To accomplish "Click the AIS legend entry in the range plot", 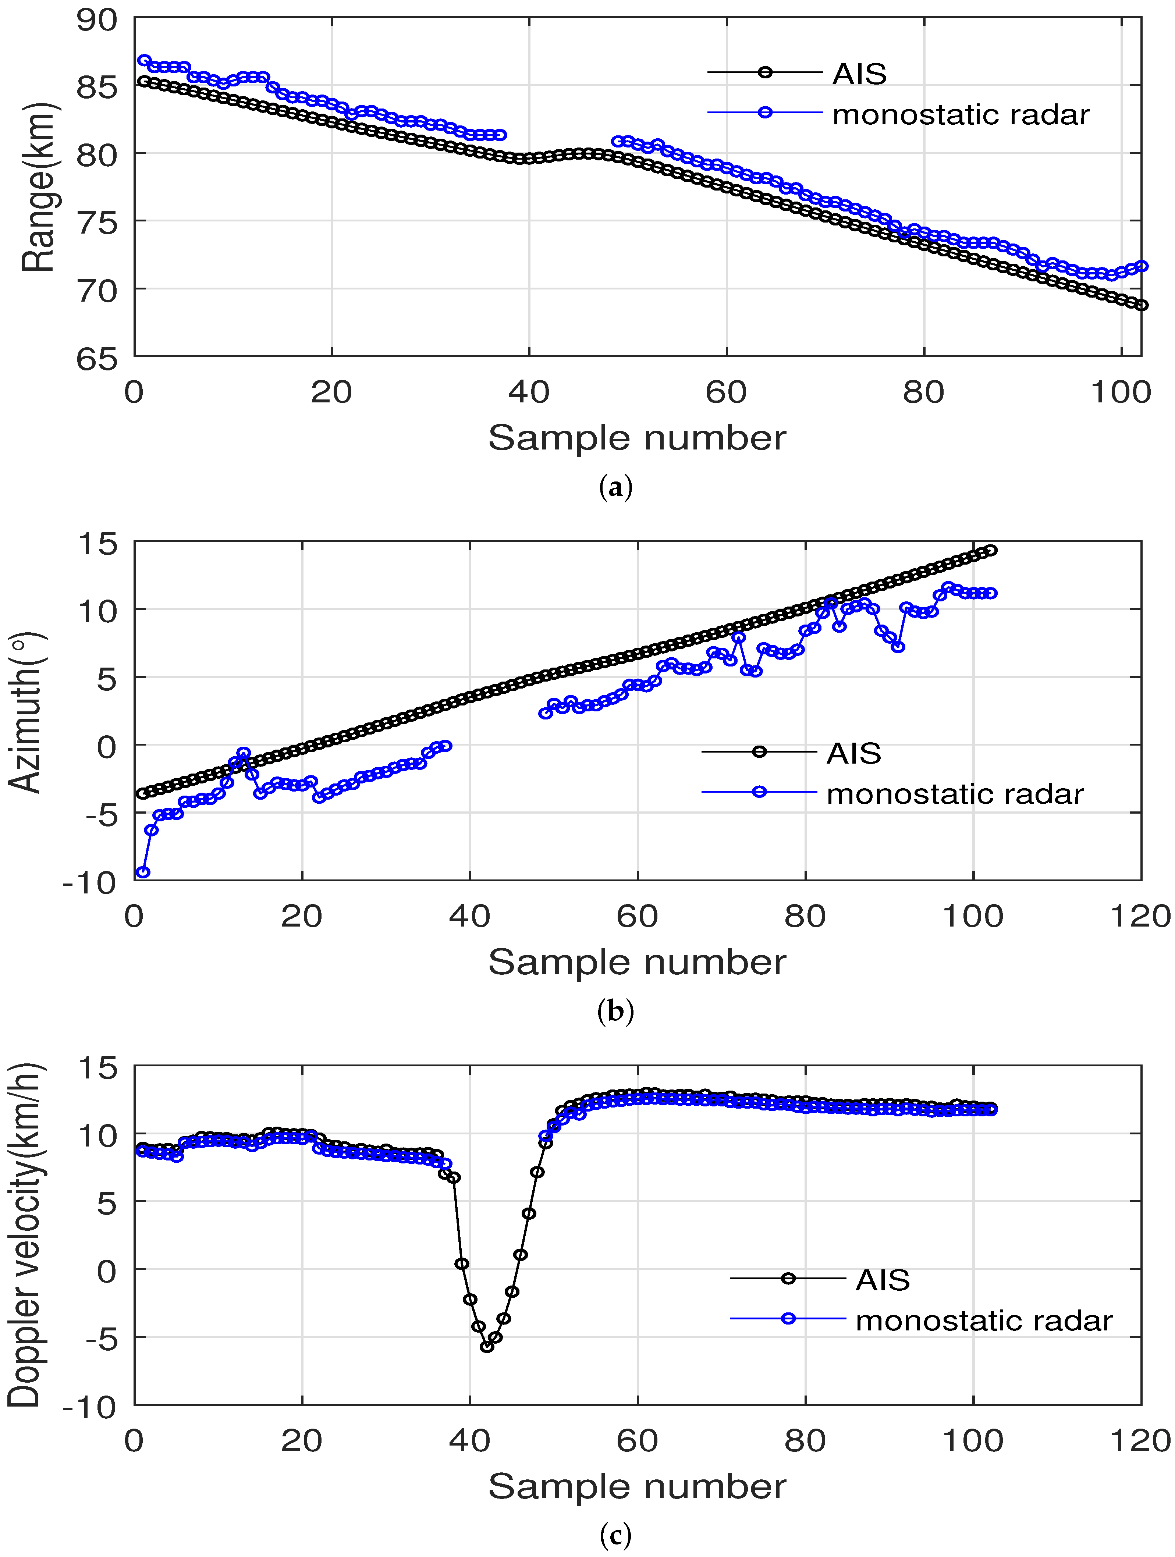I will coord(859,73).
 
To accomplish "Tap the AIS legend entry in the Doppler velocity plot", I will coord(882,1280).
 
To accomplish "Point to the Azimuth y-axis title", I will coord(27,712).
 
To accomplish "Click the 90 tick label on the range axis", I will coord(97,20).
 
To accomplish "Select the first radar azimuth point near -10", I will coord(143,872).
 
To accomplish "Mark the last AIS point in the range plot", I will coord(1141,305).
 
